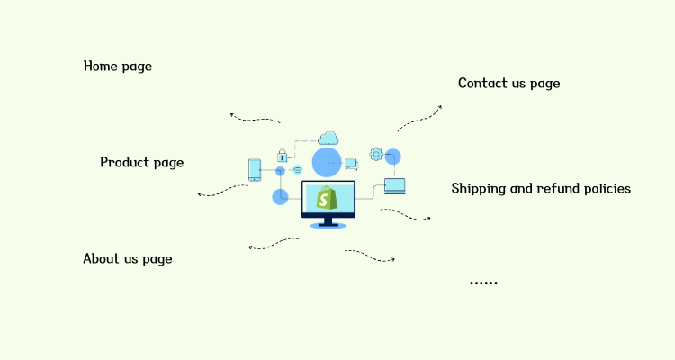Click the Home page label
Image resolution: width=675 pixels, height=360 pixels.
coord(118,66)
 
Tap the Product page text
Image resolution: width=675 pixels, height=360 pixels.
coord(141,162)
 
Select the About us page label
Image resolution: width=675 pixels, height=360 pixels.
coord(127,258)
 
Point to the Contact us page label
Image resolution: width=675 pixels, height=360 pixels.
coord(508,83)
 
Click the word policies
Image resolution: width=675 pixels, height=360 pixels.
coord(605,188)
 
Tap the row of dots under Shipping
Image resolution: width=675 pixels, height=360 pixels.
coord(483,283)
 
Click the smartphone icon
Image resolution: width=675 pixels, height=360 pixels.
coord(255,169)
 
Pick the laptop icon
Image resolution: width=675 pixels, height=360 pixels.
coord(395,186)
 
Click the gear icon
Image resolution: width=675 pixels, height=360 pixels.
coord(375,154)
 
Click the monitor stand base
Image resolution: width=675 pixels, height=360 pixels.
coord(328,225)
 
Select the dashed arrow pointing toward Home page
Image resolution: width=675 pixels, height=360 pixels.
coord(254,118)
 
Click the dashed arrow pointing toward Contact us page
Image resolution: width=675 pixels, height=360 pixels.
coord(420,117)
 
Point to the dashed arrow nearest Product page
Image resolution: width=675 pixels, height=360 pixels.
coord(222,191)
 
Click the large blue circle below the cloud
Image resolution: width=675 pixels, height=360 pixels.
coord(327,162)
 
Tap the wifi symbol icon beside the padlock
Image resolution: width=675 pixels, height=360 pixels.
coord(297,169)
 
